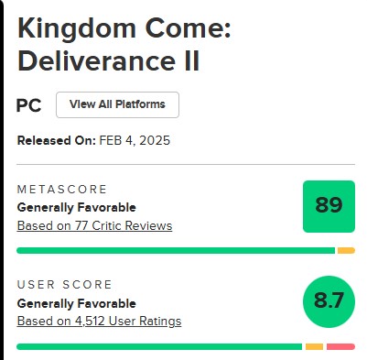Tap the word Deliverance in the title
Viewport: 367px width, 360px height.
pos(96,61)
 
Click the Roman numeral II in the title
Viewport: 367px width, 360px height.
pos(191,61)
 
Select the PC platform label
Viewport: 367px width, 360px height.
pos(28,105)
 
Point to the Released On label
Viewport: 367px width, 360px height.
pos(57,141)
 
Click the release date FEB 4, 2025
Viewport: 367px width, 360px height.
pos(135,141)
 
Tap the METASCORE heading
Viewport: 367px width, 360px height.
pos(62,190)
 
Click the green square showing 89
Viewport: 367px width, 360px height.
pos(329,206)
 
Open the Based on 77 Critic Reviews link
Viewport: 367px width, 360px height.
pos(94,226)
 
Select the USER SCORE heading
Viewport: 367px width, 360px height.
pos(64,285)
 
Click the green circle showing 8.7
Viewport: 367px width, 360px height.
pos(329,301)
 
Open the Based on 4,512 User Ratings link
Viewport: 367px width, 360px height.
pos(99,322)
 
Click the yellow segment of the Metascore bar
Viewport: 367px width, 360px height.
pos(346,251)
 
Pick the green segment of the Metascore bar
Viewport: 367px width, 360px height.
pos(176,251)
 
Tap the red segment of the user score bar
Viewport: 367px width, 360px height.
pos(340,347)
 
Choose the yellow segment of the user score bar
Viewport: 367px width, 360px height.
pos(314,347)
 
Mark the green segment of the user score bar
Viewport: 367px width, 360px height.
pos(159,347)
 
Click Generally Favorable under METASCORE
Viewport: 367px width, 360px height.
pos(77,208)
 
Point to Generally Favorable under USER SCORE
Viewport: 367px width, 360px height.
pos(77,303)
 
